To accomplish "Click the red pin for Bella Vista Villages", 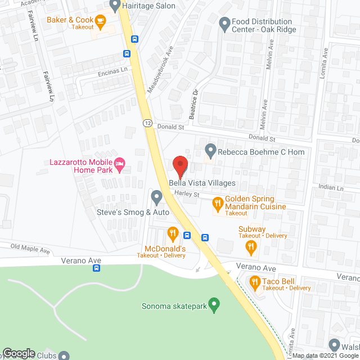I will (x=180, y=166).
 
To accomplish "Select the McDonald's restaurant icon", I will (x=173, y=232).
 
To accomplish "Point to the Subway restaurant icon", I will (x=251, y=245).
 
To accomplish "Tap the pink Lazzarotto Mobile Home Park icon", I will (x=119, y=164).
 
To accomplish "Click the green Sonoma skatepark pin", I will (x=213, y=305).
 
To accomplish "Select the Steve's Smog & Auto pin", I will (x=156, y=197).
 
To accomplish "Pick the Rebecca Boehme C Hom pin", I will (x=210, y=150).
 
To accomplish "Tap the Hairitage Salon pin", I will (x=115, y=6).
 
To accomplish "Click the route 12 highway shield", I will (x=147, y=123).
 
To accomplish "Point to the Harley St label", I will (x=187, y=194).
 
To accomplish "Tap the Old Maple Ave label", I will (x=30, y=248).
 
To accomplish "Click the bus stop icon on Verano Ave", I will (x=97, y=268).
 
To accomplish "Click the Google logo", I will (x=19, y=353).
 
